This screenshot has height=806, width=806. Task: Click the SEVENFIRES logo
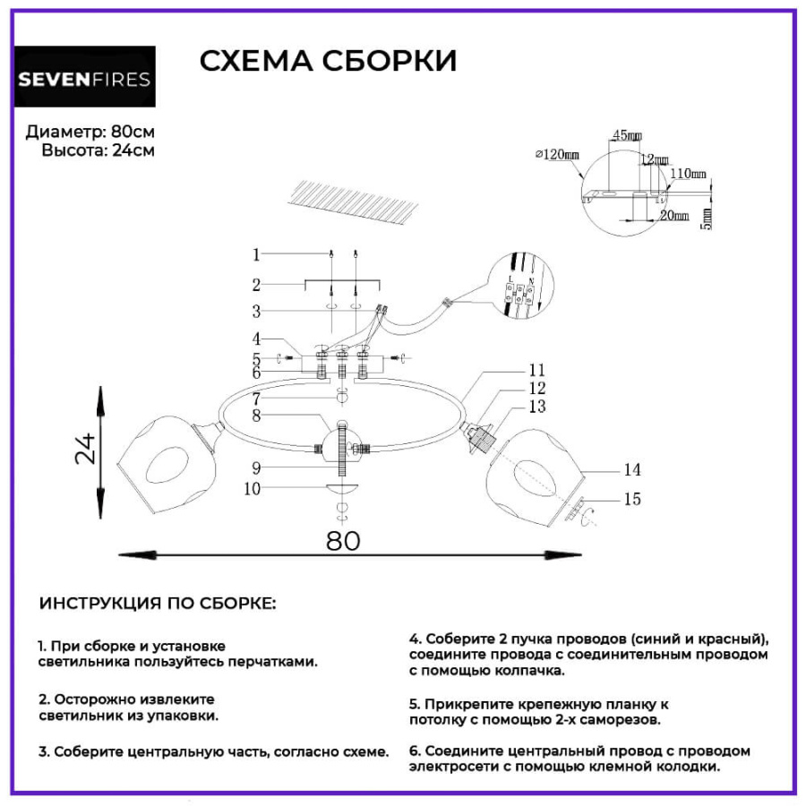coord(85,79)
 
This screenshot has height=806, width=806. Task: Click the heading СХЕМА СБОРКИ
coord(328,61)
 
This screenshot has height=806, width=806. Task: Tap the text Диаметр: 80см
coord(90,131)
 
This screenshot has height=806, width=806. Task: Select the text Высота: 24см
coord(98,150)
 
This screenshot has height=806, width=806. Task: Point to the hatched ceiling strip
coord(356,202)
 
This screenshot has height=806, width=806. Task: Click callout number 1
coord(255,255)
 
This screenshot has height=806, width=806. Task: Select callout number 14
coord(632,469)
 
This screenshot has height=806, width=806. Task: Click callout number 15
coord(632,499)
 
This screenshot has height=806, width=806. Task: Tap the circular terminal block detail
coord(522,287)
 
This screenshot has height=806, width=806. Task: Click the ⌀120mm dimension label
coord(557,155)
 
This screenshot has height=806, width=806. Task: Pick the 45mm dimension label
coord(626,136)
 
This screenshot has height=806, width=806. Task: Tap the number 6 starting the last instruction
coord(414,750)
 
